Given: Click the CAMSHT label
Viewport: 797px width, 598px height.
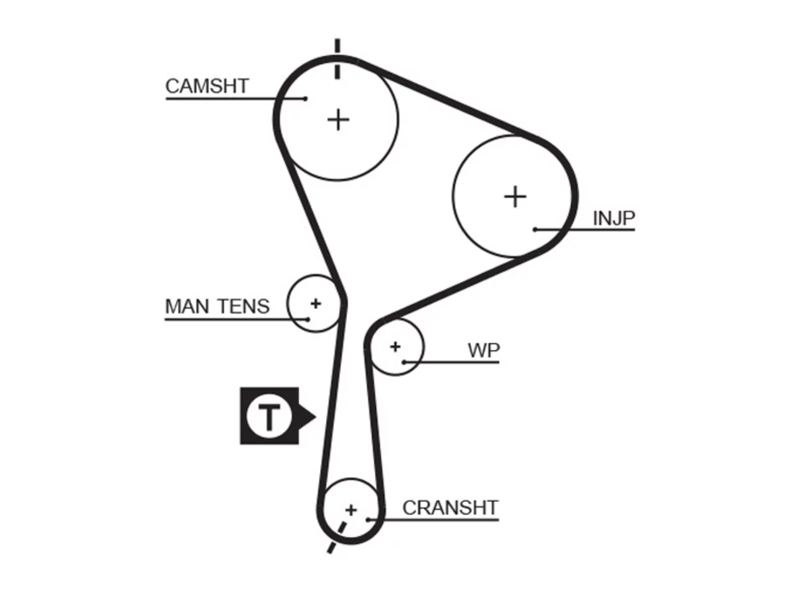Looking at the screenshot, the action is point(207,87).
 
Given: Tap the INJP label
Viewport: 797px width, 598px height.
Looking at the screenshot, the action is point(614,218).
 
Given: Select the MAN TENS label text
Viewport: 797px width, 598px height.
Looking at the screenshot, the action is point(217,306).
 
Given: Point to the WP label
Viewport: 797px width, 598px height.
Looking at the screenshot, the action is point(484,350).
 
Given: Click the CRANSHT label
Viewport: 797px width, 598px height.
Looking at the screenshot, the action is point(450,508).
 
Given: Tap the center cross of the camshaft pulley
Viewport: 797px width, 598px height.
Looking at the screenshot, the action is point(338,120).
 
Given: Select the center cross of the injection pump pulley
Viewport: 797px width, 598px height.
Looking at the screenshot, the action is point(515,196).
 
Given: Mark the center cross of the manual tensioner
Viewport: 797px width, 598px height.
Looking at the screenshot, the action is point(316,303).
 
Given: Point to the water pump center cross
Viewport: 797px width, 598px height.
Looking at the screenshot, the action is point(395,347).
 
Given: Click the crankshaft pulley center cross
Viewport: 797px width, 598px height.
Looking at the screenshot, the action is point(351,510).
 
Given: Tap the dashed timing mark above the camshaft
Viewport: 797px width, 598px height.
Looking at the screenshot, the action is point(337,59).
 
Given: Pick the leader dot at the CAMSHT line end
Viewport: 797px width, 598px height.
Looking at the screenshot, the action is point(305,98).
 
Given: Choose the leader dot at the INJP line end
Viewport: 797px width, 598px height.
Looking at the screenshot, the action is point(535,229).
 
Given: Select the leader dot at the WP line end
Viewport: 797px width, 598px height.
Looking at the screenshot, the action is point(404,363).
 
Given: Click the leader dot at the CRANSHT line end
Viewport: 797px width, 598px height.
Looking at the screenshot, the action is point(368,520).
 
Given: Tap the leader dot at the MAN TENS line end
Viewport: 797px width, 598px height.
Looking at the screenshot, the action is point(308,320).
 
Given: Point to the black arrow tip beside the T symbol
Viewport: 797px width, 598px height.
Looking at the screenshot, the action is point(316,417).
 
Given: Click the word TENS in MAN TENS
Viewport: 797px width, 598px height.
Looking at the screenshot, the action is point(244,306).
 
